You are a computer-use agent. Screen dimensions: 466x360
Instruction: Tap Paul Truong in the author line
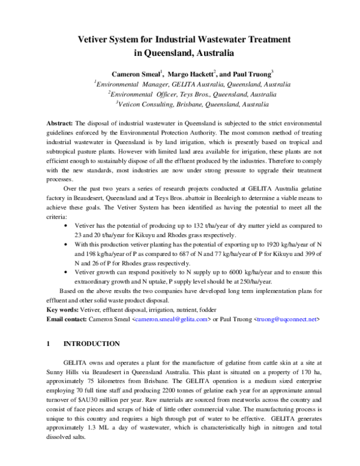pos(251,73)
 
